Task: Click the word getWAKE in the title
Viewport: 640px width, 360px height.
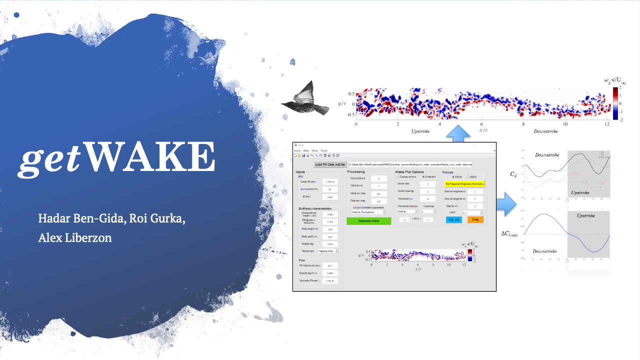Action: pyautogui.click(x=118, y=157)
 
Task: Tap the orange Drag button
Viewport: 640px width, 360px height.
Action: pyautogui.click(x=475, y=219)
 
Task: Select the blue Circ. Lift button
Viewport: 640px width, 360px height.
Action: pyautogui.click(x=453, y=219)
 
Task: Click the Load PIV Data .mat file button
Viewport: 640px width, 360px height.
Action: pyautogui.click(x=330, y=164)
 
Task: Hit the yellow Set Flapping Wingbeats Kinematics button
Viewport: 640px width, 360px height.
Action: pyautogui.click(x=464, y=184)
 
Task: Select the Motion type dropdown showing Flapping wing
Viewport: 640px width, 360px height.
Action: pyautogui.click(x=328, y=251)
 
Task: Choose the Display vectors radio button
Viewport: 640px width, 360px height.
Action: pyautogui.click(x=398, y=176)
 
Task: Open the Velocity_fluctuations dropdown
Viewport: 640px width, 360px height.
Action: pyautogui.click(x=368, y=212)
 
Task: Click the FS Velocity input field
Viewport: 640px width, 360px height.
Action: pyautogui.click(x=330, y=266)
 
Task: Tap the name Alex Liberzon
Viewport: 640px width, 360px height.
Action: pyautogui.click(x=75, y=238)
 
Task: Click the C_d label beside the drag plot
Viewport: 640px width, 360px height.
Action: pyautogui.click(x=513, y=174)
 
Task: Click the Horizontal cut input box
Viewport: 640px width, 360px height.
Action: pyautogui.click(x=379, y=178)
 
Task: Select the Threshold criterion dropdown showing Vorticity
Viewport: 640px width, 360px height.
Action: pyautogui.click(x=407, y=211)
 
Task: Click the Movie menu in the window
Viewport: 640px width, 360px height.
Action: pyautogui.click(x=314, y=150)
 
